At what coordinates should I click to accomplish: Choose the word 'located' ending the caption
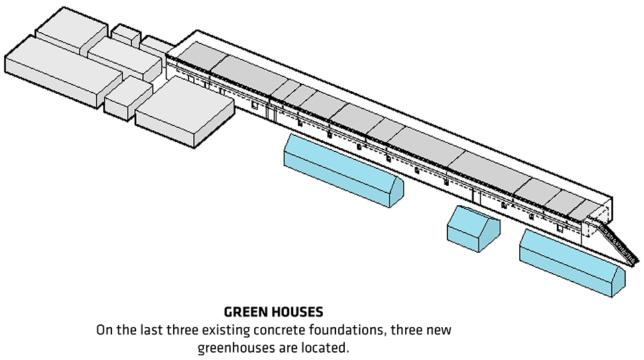(x=329, y=348)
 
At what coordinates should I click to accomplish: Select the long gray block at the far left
(x=54, y=70)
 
